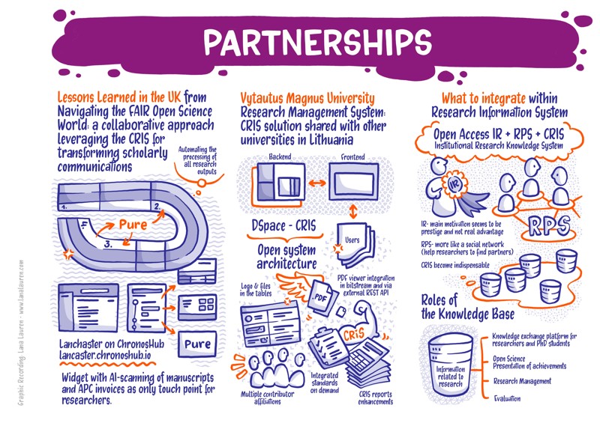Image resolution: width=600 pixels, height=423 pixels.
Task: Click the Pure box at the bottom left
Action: (x=198, y=344)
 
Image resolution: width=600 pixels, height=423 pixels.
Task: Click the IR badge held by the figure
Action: (x=454, y=183)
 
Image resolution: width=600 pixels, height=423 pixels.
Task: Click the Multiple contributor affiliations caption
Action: (x=272, y=398)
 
